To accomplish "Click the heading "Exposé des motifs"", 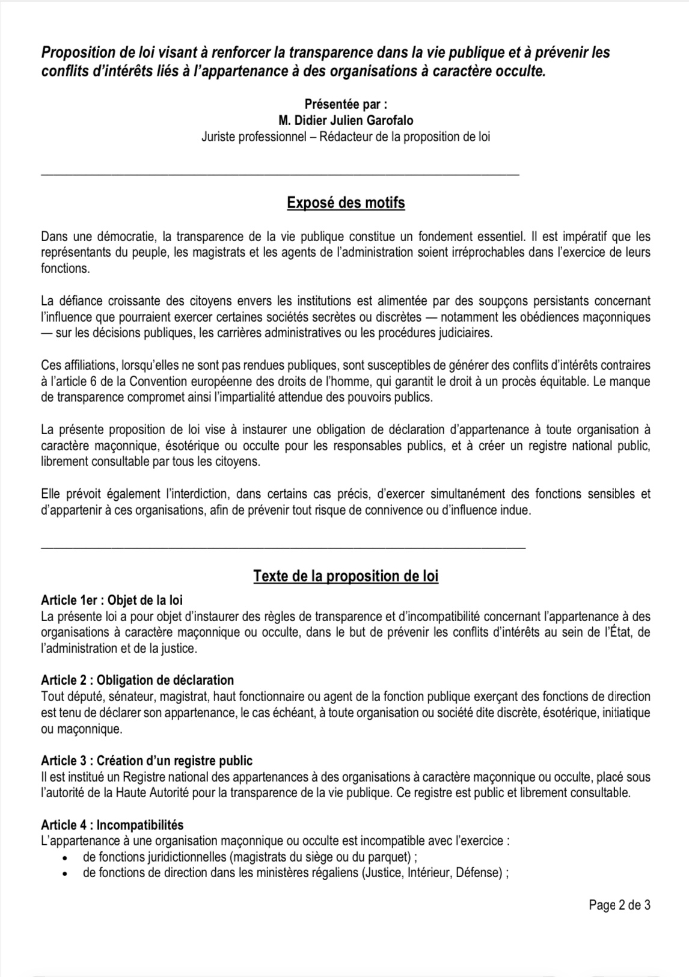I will [346, 203].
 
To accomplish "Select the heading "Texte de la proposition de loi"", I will [346, 576].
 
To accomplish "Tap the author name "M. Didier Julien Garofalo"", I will [346, 120].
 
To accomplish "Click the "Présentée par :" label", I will [346, 103].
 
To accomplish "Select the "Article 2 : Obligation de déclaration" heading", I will [137, 680].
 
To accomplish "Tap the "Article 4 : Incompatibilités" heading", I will [112, 824].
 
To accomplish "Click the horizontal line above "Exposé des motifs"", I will [280, 174].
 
